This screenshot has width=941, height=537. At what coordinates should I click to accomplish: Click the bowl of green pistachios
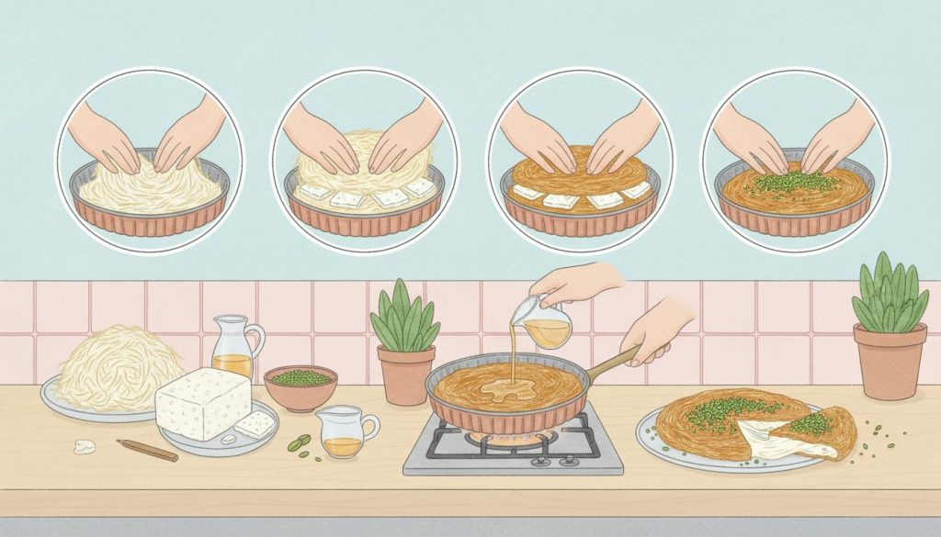pyautogui.click(x=300, y=378)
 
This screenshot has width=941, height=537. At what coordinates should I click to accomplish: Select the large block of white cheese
pyautogui.click(x=202, y=403)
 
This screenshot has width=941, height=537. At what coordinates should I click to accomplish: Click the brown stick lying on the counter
pyautogui.click(x=147, y=450)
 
